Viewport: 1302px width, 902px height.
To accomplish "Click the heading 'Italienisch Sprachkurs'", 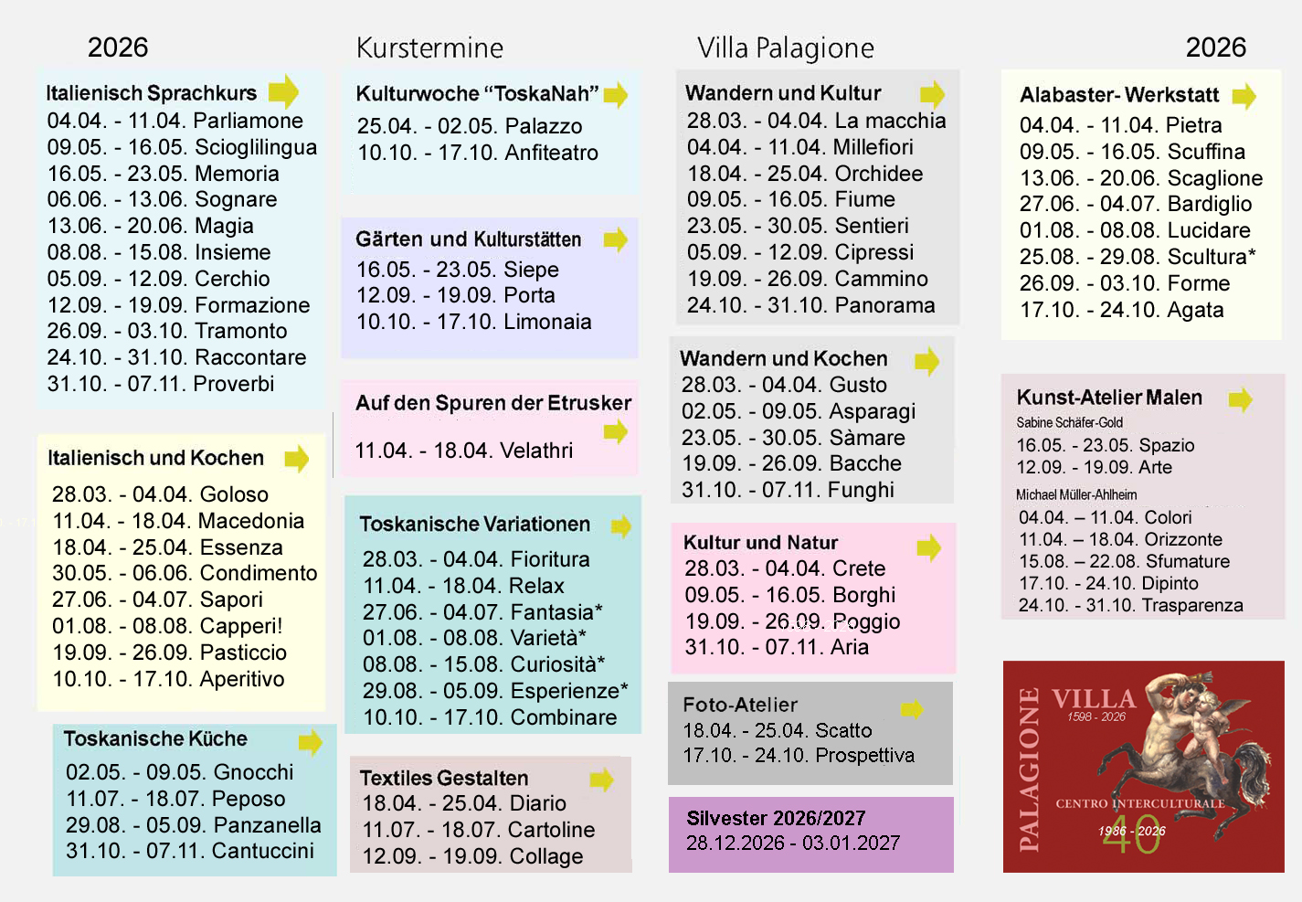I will coord(152,93).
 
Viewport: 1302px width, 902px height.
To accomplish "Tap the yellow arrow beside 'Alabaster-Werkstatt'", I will coord(1244,96).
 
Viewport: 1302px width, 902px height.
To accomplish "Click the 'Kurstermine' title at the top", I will coord(429,48).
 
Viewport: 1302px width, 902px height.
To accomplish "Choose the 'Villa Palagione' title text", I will coord(785,48).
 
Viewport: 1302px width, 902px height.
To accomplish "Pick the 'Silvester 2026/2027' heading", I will coord(776,818).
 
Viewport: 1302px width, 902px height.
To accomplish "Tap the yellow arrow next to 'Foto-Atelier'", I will coord(912,709).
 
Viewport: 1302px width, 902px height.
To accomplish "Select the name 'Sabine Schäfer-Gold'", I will coord(1069,422).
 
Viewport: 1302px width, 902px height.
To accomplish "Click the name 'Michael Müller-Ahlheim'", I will coord(1076,494).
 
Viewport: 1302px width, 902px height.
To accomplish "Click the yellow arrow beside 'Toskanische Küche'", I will coord(311,742).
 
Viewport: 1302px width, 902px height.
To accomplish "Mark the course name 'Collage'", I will coord(545,856).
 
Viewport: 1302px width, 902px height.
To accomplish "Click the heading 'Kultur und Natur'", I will coord(760,543).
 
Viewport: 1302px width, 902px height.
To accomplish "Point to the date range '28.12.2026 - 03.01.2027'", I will coord(793,843).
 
